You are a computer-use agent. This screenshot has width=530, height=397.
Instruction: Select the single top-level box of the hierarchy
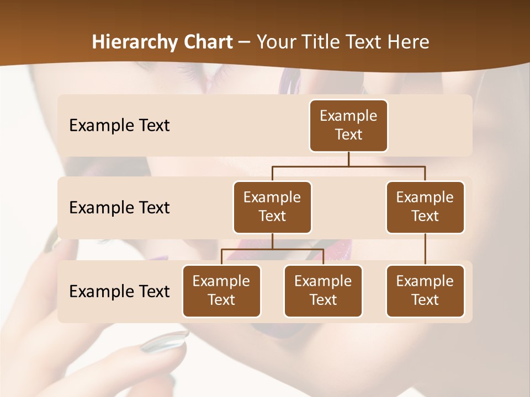point(348,125)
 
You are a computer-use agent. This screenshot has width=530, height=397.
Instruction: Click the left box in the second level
point(272,207)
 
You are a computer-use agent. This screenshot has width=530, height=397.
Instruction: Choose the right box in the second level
point(425,207)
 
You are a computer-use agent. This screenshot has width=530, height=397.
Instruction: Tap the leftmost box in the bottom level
point(221,291)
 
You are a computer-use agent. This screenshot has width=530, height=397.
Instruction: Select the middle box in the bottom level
point(323,291)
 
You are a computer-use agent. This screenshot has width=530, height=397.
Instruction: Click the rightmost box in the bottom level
point(425,291)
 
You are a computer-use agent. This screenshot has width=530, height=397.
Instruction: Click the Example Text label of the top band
point(119,126)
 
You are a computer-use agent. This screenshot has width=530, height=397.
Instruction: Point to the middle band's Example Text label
point(119,208)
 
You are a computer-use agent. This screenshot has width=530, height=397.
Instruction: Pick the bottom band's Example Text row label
point(119,291)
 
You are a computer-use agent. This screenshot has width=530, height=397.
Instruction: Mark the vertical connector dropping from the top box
point(348,159)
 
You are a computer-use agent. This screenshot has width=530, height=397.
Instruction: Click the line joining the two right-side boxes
point(425,249)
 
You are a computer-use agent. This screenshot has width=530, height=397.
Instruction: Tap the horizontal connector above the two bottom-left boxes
point(272,249)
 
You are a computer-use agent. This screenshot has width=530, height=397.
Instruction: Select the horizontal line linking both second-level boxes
point(348,166)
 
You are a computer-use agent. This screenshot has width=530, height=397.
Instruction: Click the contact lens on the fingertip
point(165,341)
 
